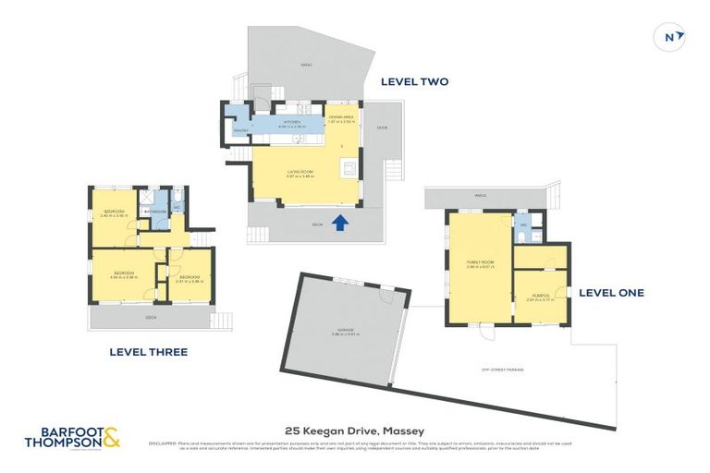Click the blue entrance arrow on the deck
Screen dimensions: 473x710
[340, 222]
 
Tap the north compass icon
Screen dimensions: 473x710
[673, 37]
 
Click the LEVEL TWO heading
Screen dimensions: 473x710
[414, 81]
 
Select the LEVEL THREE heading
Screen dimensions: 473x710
[148, 352]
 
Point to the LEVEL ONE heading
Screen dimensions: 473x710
[611, 293]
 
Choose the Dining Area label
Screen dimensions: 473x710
[341, 118]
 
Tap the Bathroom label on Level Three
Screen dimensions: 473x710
[153, 212]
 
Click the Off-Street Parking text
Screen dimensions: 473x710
[502, 370]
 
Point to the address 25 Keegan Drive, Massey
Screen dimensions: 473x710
[355, 431]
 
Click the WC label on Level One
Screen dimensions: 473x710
[523, 224]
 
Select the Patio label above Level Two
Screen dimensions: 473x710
[306, 65]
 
